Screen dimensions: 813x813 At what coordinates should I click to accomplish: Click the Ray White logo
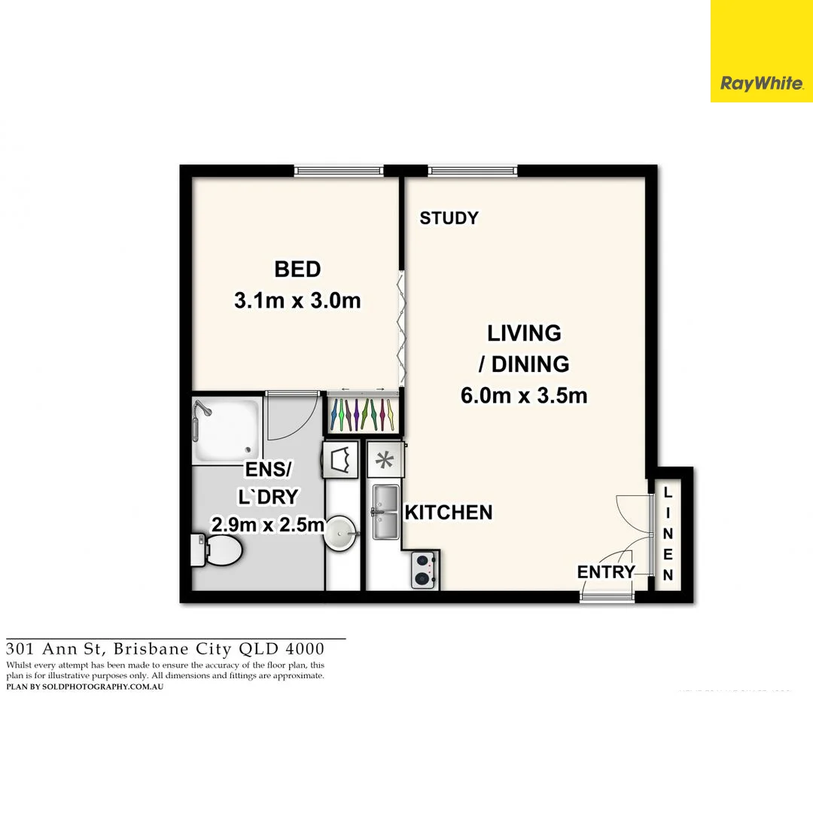[761, 83]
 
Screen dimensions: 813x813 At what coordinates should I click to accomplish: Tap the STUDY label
[449, 218]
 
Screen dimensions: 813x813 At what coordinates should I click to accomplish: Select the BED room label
[297, 269]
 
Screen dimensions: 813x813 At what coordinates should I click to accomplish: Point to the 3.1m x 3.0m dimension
[297, 301]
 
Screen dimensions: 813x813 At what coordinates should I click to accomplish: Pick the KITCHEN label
[449, 513]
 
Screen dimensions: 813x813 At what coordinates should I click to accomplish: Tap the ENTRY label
[606, 572]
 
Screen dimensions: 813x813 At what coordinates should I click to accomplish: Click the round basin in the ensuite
[343, 534]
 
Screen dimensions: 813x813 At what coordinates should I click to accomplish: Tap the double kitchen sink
[385, 512]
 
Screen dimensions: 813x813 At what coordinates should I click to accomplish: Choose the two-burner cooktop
[425, 570]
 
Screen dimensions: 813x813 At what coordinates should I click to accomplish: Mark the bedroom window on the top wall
[339, 170]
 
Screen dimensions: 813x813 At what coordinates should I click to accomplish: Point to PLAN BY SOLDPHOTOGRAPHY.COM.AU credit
[85, 687]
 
